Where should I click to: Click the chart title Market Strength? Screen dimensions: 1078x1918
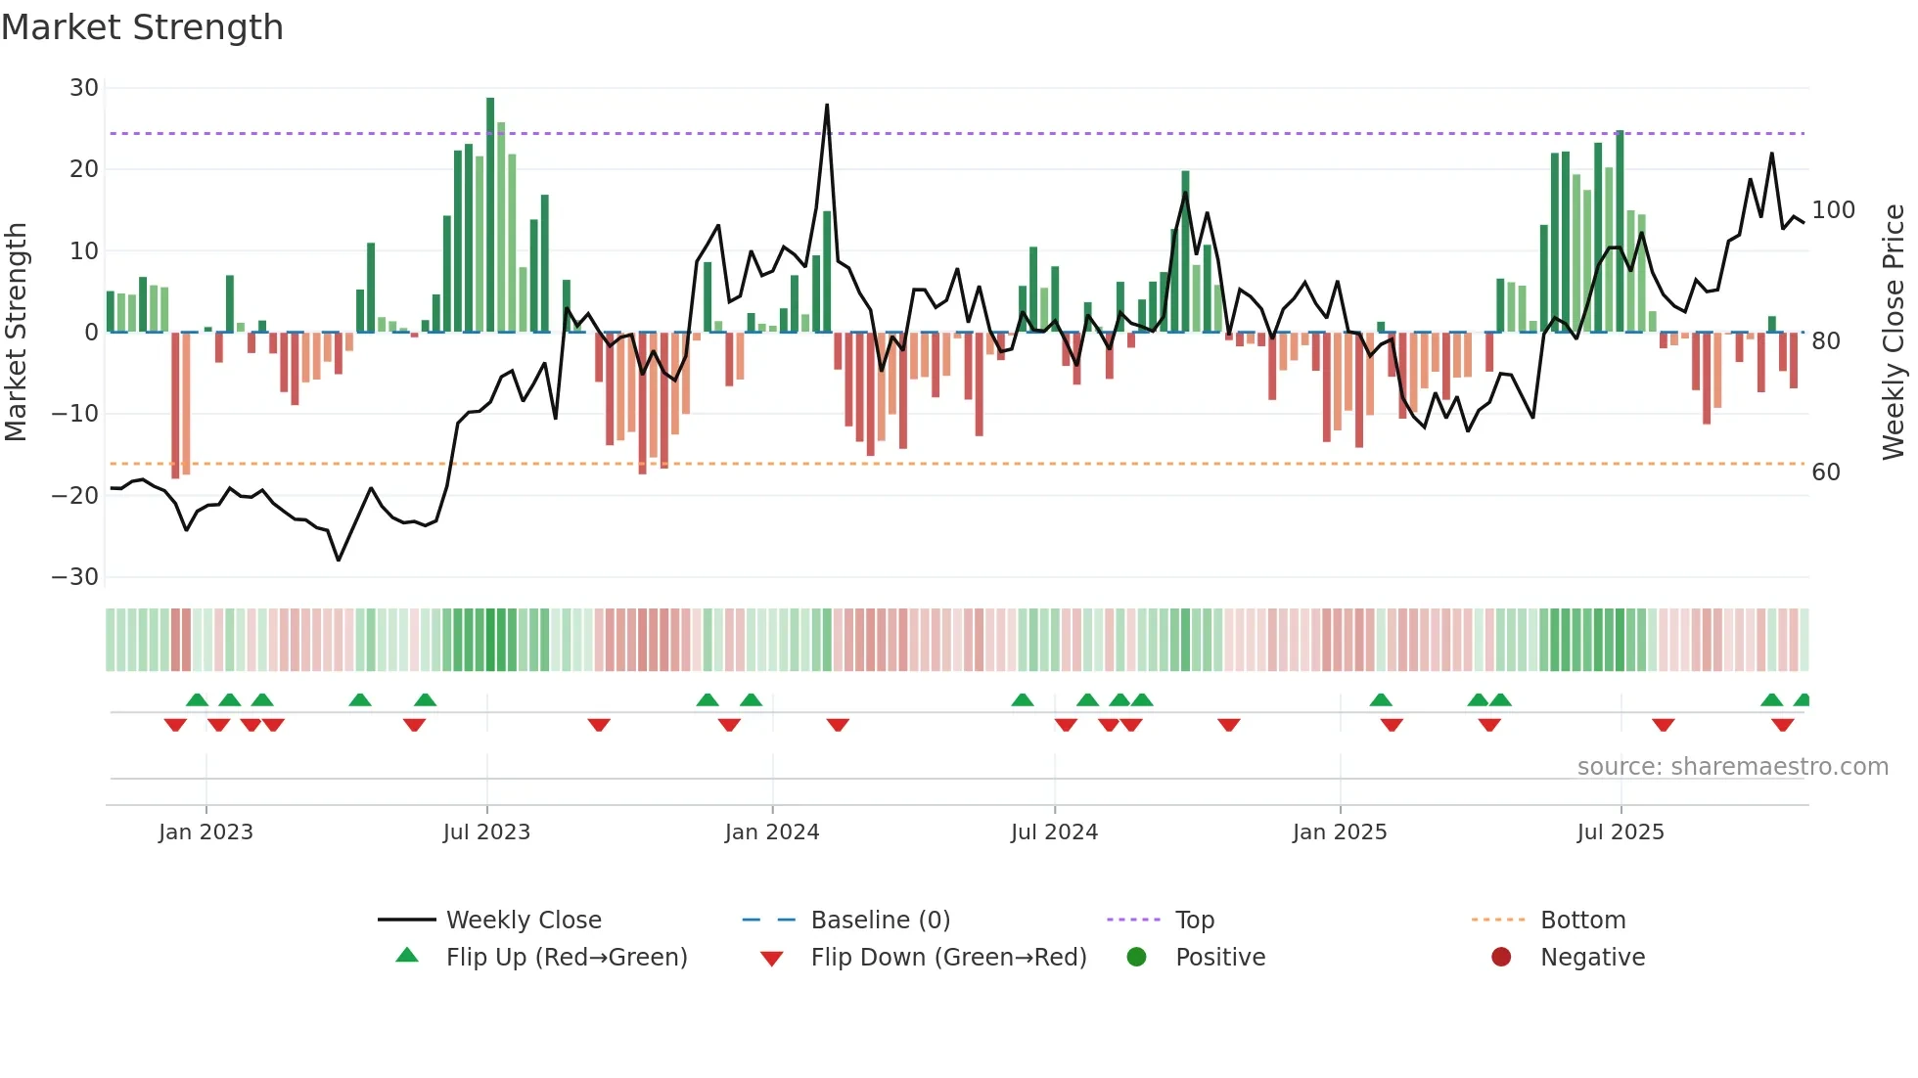pos(142,27)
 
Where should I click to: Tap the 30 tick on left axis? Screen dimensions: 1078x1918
pos(84,88)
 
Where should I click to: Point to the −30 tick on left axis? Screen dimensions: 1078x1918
pos(76,577)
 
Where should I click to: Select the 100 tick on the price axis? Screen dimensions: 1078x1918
pos(1833,210)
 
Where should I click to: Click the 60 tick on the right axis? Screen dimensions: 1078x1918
pos(1826,472)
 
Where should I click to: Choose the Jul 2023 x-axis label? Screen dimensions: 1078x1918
pos(486,832)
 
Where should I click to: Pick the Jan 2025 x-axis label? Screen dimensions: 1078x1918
pos(1340,832)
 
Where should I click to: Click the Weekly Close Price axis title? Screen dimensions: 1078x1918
pos(1894,333)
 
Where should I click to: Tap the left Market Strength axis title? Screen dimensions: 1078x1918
pos(17,333)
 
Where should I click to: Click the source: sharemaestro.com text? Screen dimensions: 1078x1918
pos(1732,767)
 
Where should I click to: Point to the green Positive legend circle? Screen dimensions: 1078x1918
pos(1136,957)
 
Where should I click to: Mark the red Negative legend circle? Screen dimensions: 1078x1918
pos(1501,957)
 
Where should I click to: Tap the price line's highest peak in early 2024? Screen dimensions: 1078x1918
pos(827,106)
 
